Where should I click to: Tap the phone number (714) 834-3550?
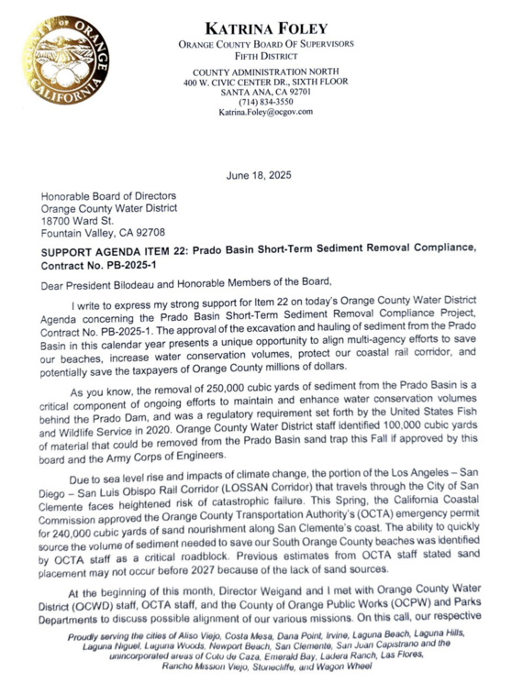coord(265,102)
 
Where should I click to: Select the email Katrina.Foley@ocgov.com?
coord(265,113)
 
